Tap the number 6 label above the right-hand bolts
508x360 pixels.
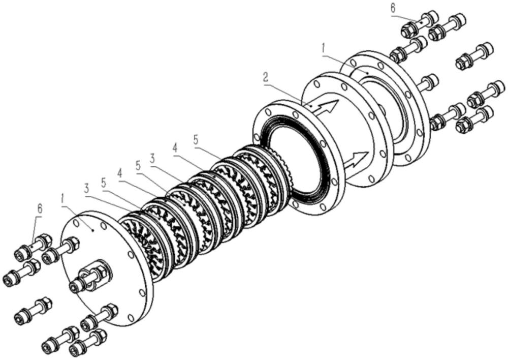392,9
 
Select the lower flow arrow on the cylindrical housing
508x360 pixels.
358,160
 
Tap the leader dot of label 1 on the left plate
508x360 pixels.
93,230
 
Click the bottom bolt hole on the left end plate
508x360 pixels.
131,318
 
